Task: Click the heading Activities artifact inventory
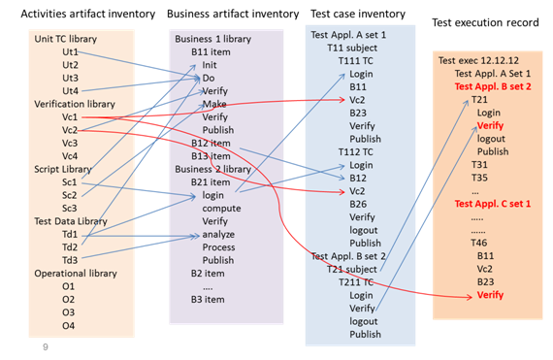(88, 15)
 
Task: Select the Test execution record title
(485, 22)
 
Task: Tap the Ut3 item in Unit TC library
(70, 78)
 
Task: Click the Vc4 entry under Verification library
(70, 156)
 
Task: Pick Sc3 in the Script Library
(69, 209)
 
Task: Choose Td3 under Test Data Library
(70, 260)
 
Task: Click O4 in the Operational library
(69, 325)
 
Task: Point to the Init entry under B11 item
(210, 65)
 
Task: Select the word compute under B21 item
(221, 209)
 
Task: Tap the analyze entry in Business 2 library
(218, 235)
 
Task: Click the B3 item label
(208, 300)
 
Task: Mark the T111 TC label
(355, 61)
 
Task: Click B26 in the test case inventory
(358, 204)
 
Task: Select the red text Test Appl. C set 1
(492, 204)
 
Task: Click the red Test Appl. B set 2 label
(493, 86)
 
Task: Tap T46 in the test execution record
(479, 243)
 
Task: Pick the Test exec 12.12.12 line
(478, 60)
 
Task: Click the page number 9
(46, 347)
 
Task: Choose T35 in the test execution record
(479, 178)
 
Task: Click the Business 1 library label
(213, 39)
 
